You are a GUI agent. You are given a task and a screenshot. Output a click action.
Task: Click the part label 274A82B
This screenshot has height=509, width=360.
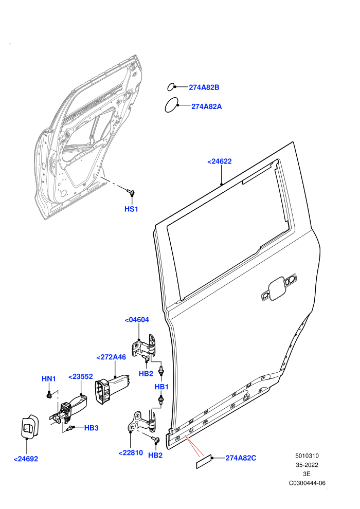(204, 87)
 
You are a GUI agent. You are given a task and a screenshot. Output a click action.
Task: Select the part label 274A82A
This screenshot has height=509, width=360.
(206, 106)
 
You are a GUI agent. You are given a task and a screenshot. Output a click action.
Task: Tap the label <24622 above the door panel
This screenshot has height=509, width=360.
(220, 161)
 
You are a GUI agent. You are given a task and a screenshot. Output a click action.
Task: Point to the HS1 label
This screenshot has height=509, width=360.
(132, 209)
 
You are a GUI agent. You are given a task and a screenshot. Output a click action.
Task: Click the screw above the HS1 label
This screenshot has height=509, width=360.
(131, 193)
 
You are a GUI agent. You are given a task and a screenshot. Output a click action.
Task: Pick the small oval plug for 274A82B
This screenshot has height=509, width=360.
(171, 87)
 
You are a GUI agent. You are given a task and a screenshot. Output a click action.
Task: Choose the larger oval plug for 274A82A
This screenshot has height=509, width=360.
(171, 105)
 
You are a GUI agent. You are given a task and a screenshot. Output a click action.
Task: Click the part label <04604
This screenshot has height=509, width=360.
(137, 320)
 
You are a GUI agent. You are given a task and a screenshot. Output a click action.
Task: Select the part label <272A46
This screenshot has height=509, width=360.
(111, 357)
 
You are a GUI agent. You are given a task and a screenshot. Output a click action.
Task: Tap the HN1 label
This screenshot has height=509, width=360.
(49, 378)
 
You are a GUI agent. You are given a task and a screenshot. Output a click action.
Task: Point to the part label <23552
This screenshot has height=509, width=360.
(81, 376)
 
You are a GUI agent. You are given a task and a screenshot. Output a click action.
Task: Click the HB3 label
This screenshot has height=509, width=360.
(91, 428)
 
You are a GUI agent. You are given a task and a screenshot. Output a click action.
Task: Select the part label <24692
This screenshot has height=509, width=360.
(26, 459)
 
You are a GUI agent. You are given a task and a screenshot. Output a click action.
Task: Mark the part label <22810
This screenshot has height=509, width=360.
(131, 453)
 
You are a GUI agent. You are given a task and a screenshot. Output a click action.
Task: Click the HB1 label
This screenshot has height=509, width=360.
(161, 387)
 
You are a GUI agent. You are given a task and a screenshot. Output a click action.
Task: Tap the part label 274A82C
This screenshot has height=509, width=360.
(241, 458)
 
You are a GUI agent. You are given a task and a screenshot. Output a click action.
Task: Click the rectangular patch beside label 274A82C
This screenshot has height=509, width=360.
(204, 461)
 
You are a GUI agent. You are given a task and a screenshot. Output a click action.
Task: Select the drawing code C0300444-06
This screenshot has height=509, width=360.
(307, 483)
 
